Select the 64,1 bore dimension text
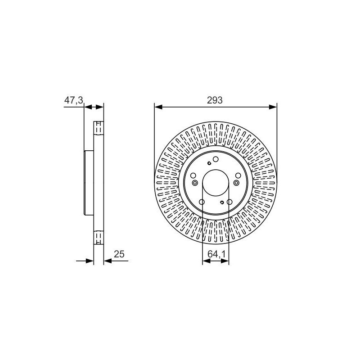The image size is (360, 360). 216,255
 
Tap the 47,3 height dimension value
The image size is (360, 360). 73,100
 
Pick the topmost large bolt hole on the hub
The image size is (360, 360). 216,159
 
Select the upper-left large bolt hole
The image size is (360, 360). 193,175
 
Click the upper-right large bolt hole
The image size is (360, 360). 238,175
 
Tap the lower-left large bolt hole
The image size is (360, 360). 202,202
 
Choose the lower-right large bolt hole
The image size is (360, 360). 229,202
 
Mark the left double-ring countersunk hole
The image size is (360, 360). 195,183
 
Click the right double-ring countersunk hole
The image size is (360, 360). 236,183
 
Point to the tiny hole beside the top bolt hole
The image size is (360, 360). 208,164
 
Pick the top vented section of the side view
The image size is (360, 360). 99,128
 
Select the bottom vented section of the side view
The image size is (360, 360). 99,237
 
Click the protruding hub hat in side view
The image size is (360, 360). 88,183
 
